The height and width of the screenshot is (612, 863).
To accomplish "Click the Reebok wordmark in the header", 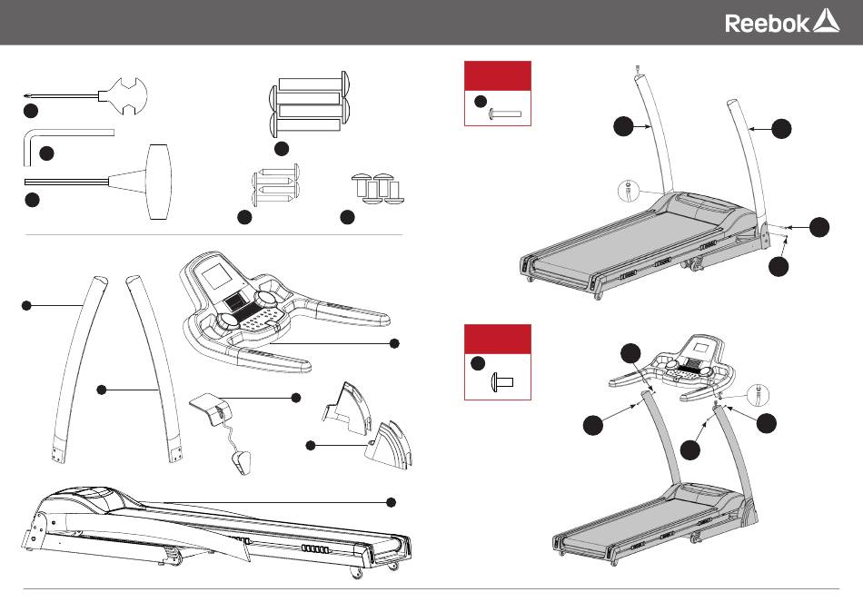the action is click(x=768, y=23).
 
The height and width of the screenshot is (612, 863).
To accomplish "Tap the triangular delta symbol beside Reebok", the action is click(x=826, y=21).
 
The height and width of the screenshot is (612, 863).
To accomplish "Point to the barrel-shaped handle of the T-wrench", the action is click(x=159, y=183).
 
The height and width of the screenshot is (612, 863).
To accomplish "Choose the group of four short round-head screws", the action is click(x=378, y=189).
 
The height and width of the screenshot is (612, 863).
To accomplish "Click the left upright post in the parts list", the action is click(x=79, y=369).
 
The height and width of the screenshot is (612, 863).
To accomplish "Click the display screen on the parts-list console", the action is click(x=217, y=275).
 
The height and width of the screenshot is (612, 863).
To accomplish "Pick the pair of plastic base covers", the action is click(x=367, y=425).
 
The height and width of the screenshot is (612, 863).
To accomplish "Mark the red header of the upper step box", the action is click(x=498, y=76).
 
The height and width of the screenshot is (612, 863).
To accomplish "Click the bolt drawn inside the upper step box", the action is click(x=505, y=114).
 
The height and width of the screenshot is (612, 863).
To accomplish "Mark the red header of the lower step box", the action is click(x=498, y=339).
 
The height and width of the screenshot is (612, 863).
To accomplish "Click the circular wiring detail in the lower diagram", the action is click(x=758, y=394).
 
